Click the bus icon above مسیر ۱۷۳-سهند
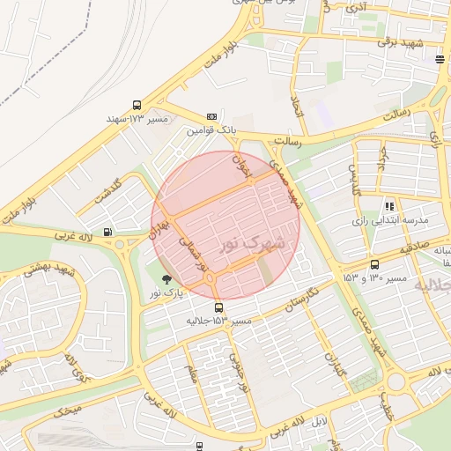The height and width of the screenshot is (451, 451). tap(137, 105)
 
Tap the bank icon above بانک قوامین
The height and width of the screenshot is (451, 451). tap(211, 116)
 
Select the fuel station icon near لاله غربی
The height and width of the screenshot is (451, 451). tap(107, 233)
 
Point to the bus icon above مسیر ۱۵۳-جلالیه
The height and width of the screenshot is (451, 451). tap(219, 307)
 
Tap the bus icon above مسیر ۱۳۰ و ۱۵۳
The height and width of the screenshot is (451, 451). tap(374, 264)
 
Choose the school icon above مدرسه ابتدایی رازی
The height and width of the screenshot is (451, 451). tap(389, 205)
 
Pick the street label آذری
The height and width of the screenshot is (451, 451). tap(356, 8)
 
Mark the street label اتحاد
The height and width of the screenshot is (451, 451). tap(296, 108)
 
